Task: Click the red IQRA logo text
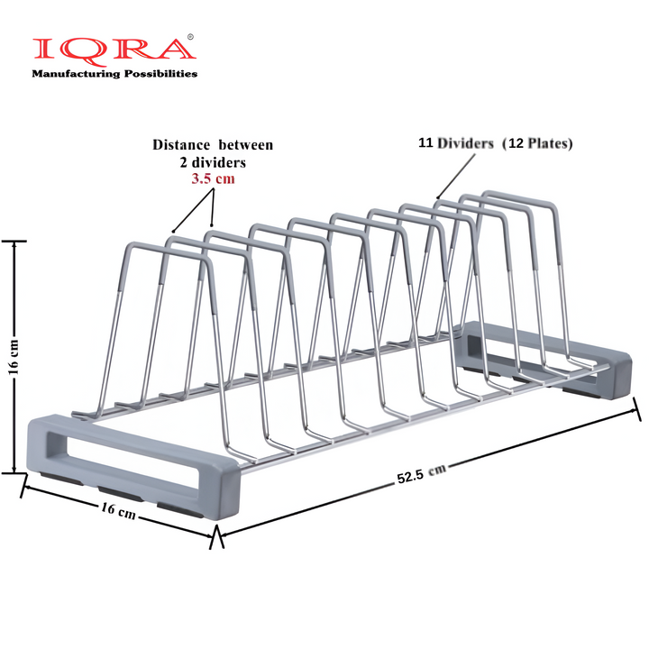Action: pyautogui.click(x=110, y=51)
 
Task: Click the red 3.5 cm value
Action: pyautogui.click(x=212, y=180)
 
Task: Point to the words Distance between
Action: pyautogui.click(x=213, y=145)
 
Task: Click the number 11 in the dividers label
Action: pyautogui.click(x=425, y=143)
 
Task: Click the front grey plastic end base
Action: pyautogui.click(x=135, y=462)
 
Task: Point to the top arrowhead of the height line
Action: pyautogui.click(x=14, y=244)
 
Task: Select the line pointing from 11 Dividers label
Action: pyautogui.click(x=456, y=174)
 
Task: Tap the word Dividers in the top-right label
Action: pyautogui.click(x=470, y=143)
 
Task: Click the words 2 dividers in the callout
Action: pyautogui.click(x=212, y=162)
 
